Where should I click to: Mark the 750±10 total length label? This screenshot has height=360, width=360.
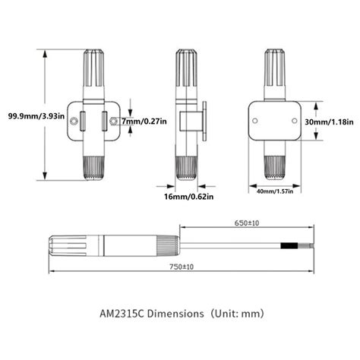(179, 267)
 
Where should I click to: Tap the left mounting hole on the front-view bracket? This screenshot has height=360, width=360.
(74, 122)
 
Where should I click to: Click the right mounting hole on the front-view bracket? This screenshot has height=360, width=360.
(113, 122)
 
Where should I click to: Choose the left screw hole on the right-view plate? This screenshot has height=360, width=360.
(256, 120)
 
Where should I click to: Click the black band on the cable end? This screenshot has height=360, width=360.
(290, 246)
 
